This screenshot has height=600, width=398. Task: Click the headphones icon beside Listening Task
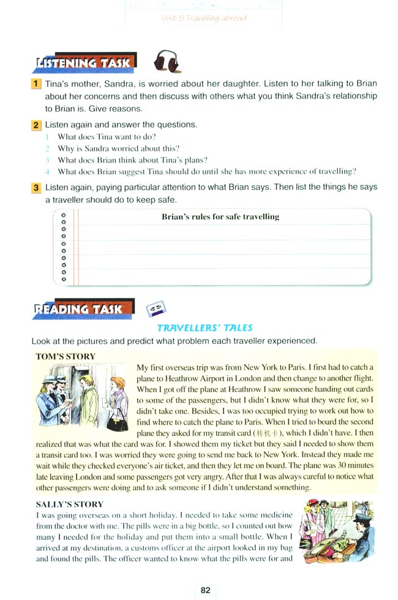[165, 62]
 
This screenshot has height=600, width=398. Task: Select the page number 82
[205, 590]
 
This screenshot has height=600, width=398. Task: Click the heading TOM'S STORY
[66, 356]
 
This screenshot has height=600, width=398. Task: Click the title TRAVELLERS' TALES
[205, 328]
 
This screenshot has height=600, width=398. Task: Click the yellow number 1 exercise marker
[37, 83]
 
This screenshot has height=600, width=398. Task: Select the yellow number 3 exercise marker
[37, 187]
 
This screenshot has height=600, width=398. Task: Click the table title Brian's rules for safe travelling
[220, 216]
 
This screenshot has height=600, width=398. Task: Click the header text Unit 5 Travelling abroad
[204, 18]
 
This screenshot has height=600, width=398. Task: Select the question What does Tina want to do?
[107, 137]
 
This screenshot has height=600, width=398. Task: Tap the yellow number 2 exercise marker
[37, 125]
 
